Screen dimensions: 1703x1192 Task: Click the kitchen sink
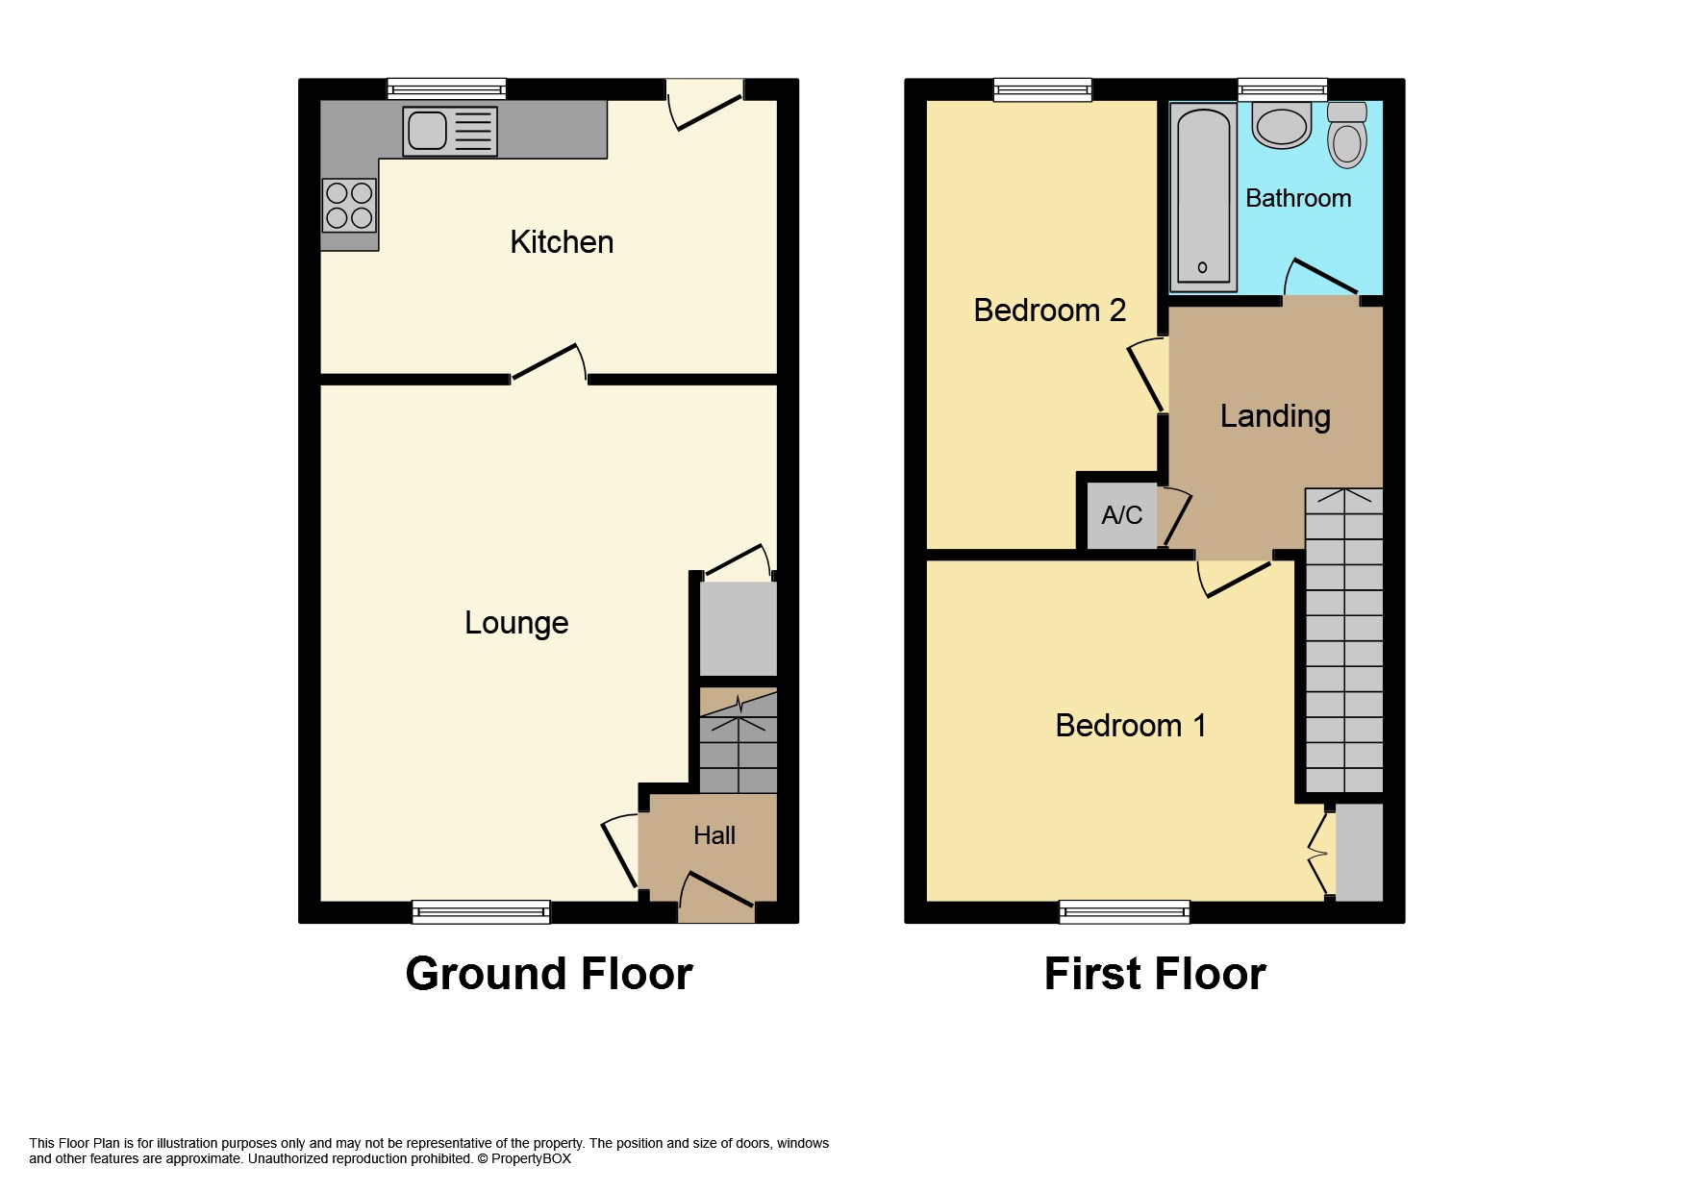point(450,131)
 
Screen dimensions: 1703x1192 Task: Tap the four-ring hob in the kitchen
point(349,206)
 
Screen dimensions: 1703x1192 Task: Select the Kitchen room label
point(562,242)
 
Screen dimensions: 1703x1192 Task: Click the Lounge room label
point(516,623)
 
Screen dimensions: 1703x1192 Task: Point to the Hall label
point(714,835)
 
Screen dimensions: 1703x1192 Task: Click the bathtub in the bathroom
point(1203,198)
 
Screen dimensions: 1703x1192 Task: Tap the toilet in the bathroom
point(1347,135)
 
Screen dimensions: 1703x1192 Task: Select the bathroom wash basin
point(1282,126)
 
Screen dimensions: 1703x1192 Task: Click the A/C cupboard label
point(1121,515)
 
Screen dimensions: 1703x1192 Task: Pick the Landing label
point(1275,416)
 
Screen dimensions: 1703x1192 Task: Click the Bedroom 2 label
point(1049,310)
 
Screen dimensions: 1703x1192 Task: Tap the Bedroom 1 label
point(1131,725)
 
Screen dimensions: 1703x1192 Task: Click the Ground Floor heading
point(549,974)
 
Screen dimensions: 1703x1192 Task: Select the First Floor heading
point(1155,974)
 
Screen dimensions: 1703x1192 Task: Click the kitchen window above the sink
point(447,89)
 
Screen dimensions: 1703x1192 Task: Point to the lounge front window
point(481,911)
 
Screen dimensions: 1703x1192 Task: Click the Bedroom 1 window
point(1124,911)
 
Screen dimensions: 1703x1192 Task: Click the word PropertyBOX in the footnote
point(531,1158)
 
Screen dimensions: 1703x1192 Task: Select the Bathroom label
point(1298,198)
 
